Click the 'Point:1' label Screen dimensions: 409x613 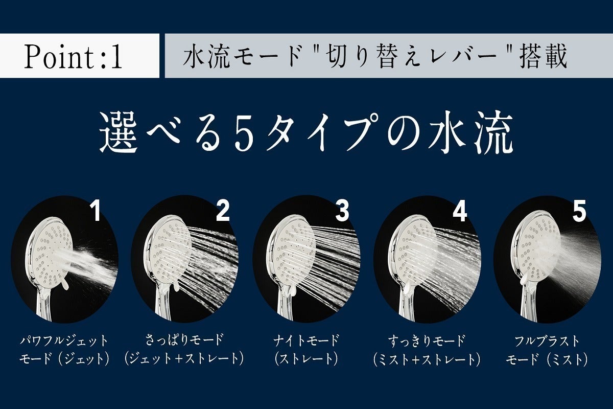74,57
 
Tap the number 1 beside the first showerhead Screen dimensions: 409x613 95,211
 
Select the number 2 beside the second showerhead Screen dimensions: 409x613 223,211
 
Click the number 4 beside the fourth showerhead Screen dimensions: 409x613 460,211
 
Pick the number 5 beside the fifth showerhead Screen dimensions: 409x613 579,211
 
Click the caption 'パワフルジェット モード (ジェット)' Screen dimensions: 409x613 65,350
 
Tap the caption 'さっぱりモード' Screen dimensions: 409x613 184,340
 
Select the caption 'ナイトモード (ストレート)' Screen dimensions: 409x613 306,350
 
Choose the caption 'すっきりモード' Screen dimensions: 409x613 427,340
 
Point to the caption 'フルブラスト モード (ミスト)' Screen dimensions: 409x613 547,350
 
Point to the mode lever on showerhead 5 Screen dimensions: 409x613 525,279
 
